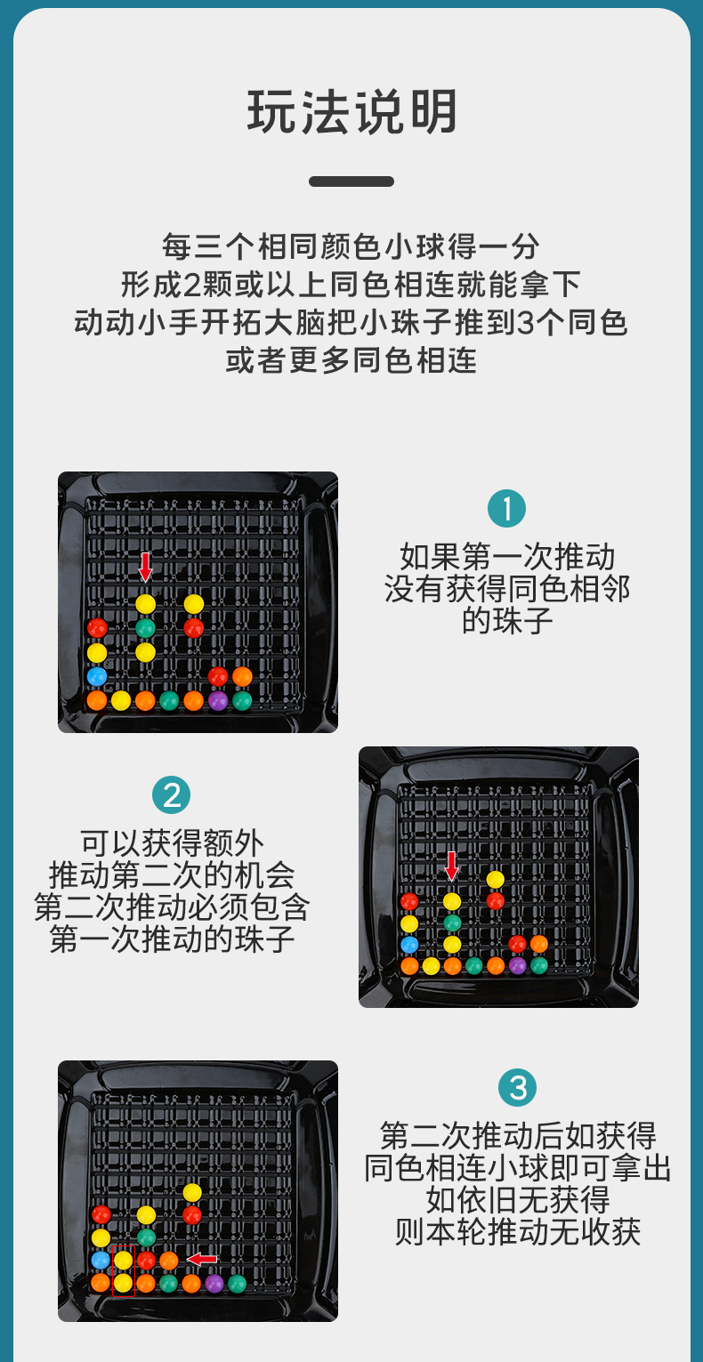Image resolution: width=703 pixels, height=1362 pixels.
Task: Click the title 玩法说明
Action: pos(351,112)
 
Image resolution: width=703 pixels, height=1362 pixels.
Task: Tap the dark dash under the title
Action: pos(351,181)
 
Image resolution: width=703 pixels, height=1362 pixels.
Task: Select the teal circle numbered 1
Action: pos(506,508)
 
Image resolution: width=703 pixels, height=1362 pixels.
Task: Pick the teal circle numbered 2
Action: pos(172,794)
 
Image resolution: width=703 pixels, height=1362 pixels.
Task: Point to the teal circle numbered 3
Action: pos(518,1087)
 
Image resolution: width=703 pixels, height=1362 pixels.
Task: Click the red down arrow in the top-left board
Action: pos(145,567)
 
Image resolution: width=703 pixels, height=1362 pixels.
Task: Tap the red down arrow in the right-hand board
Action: pos(451,866)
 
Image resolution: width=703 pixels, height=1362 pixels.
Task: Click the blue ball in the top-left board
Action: pos(97,676)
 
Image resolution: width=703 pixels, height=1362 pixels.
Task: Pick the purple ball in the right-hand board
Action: pos(517,965)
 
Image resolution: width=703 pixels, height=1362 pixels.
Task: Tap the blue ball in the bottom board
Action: pos(101,1259)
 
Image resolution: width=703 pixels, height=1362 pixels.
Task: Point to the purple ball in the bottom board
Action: pos(214,1284)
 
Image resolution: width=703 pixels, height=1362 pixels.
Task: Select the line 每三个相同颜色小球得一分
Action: pos(351,246)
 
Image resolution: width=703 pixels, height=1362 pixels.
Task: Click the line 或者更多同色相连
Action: pos(351,360)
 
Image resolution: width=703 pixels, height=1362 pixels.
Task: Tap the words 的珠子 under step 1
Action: pos(507,621)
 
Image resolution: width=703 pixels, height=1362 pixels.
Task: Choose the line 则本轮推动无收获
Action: pos(518,1232)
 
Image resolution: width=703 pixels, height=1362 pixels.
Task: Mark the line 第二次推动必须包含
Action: pos(172,907)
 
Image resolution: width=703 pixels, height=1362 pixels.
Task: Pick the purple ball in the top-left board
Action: pos(218,700)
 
